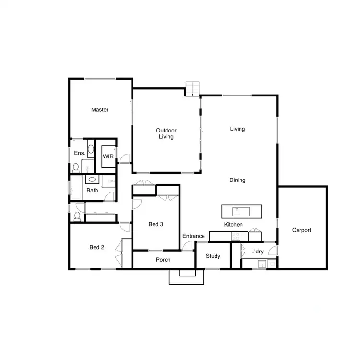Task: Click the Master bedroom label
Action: [x=100, y=110]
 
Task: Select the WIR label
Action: [x=107, y=156]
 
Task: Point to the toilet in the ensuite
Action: [x=75, y=168]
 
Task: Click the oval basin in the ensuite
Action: [x=91, y=149]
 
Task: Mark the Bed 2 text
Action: [x=96, y=247]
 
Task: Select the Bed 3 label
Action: [x=156, y=224]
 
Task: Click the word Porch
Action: [x=163, y=260]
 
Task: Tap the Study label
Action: [x=213, y=256]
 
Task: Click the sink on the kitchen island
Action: [x=237, y=211]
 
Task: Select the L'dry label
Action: [x=256, y=252]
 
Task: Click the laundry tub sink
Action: [x=262, y=263]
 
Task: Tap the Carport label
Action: [x=301, y=230]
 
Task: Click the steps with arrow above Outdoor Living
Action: [x=192, y=88]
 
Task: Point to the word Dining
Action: [x=237, y=180]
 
